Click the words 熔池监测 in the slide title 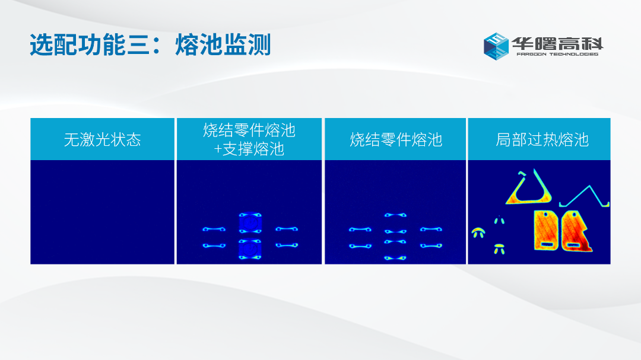pos(223,44)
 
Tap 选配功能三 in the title pos(89,44)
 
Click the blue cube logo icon pos(496,46)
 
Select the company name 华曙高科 pos(557,43)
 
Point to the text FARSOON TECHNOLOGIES pos(557,54)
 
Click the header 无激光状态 pos(102,140)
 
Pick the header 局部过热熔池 pos(542,140)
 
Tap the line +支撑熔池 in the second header pos(249,149)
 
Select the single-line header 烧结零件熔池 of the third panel pos(396,140)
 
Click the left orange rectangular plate pos(546,231)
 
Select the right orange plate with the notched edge pos(576,231)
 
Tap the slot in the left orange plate pos(546,245)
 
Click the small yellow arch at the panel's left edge pos(478,232)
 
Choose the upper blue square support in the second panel pos(250,223)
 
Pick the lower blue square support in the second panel pos(250,249)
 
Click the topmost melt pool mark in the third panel pos(395,215)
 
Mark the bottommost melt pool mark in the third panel pos(395,258)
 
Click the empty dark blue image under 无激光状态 pos(102,212)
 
